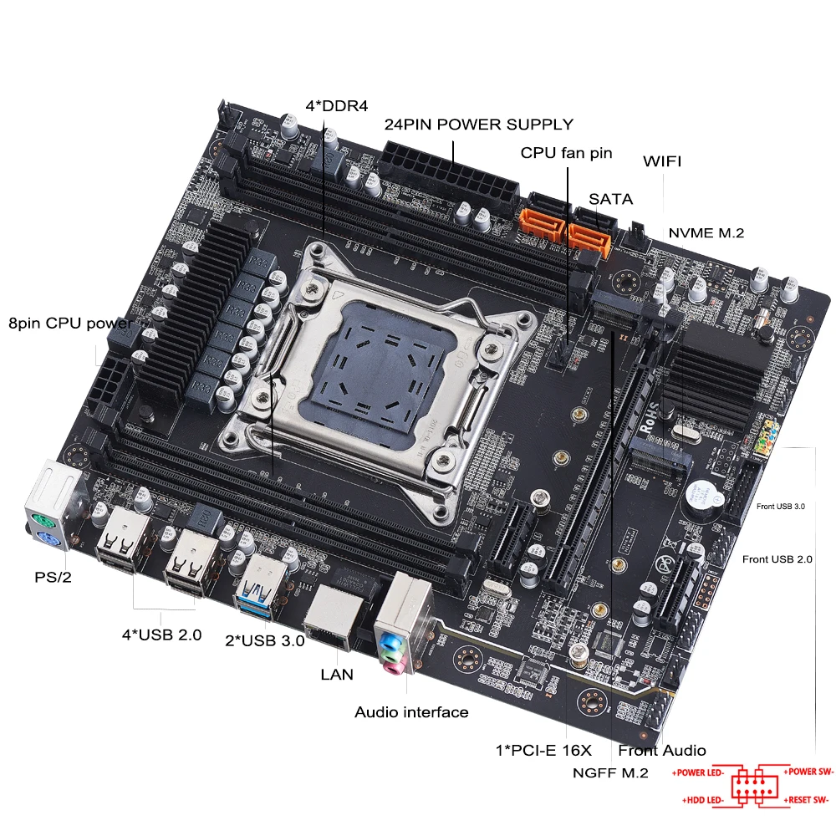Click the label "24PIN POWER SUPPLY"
click(x=478, y=125)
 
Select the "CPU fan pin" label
click(x=566, y=153)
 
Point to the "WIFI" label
click(x=661, y=162)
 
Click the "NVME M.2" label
click(x=706, y=233)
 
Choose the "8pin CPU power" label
click(x=69, y=323)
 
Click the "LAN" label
click(x=337, y=674)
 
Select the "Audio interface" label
click(x=411, y=712)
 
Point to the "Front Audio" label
click(x=662, y=750)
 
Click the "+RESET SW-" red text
click(x=808, y=801)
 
